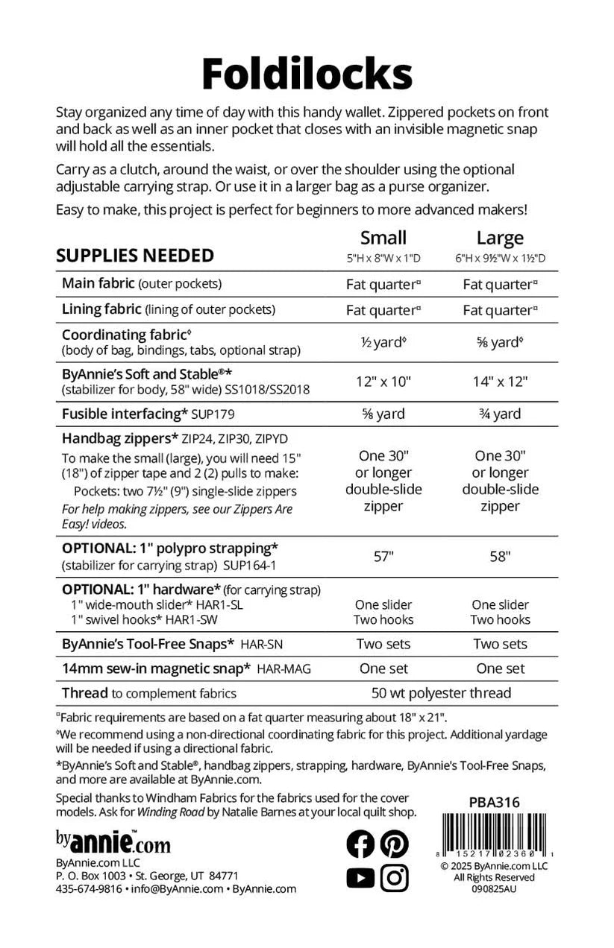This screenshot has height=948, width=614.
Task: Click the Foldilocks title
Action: point(307,75)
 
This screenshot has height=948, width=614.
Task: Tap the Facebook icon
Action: point(360,843)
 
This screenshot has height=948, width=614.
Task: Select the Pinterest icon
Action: point(394,843)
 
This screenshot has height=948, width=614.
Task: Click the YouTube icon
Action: point(360,878)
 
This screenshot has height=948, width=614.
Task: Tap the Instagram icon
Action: point(394,878)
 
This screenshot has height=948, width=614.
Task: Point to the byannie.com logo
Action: point(113,842)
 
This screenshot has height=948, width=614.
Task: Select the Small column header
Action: point(383,238)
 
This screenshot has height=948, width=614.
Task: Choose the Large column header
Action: point(500,238)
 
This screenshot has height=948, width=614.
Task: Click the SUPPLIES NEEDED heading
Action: point(135,256)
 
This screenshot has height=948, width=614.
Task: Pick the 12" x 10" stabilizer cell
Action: point(383,381)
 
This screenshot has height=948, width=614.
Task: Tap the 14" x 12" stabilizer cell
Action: point(500,381)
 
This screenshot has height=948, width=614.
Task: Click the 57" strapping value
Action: point(383,556)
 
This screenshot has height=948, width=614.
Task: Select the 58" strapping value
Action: point(500,556)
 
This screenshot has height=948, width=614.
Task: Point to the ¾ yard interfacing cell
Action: point(500,414)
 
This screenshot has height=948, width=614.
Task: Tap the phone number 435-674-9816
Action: point(89,888)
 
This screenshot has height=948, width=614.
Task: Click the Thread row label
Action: point(85,693)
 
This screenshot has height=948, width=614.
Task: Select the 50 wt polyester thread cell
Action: point(441,693)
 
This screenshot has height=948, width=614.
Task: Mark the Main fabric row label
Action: point(98,283)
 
